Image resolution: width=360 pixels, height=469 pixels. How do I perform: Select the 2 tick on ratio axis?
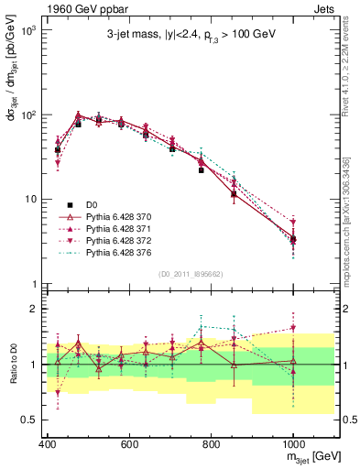click(x=33, y=309)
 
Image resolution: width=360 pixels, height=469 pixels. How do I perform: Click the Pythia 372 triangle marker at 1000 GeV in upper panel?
click(x=293, y=223)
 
